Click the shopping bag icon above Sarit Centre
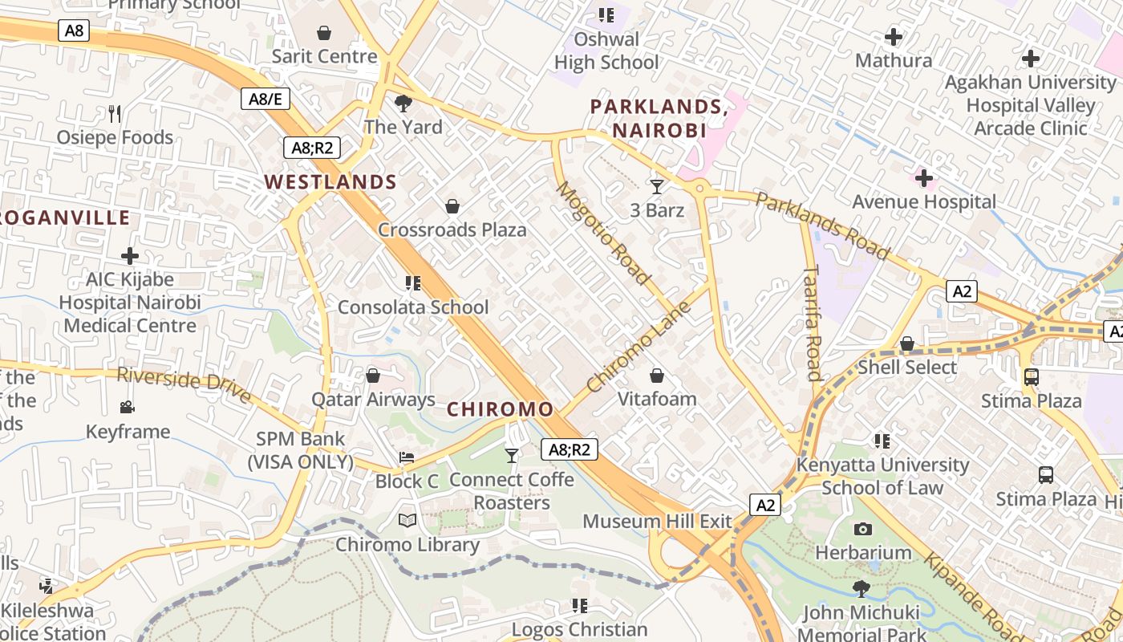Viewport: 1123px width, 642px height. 324,33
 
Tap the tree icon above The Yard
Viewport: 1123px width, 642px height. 403,104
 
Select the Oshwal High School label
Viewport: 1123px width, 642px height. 606,51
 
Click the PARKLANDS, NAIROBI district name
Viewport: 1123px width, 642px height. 659,118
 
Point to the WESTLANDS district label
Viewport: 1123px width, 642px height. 331,182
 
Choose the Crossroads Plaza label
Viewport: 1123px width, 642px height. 452,230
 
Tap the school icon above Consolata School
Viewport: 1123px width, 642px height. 413,283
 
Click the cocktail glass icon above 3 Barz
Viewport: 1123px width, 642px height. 657,187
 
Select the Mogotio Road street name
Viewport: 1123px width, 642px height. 603,234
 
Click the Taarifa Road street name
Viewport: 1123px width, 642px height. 813,323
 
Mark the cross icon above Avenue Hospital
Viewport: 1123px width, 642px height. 924,177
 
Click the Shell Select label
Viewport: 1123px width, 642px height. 907,368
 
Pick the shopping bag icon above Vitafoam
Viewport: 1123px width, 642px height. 657,376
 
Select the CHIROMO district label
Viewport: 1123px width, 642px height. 501,409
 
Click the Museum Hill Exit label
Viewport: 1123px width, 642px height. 657,522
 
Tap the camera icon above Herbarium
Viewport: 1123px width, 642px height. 863,529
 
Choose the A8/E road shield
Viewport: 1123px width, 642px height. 266,100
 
